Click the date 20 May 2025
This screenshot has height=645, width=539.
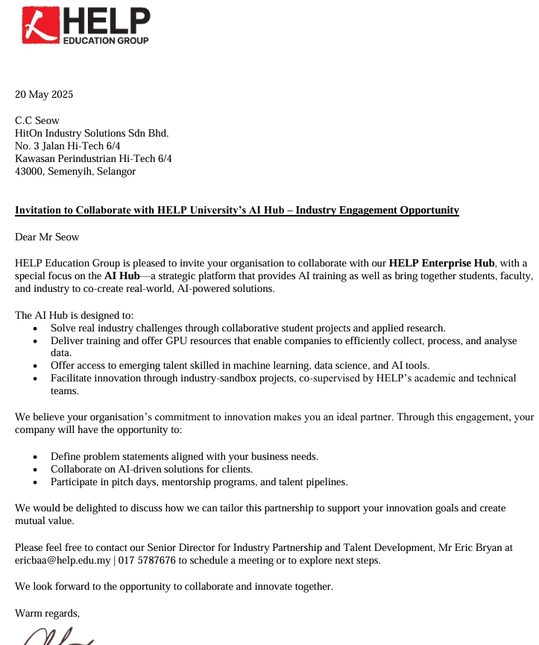pos(44,95)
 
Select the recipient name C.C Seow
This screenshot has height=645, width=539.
pos(37,120)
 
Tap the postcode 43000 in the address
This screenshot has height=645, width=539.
pos(29,171)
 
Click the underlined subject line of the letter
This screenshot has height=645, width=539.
pos(237,211)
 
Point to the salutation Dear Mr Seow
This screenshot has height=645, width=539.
pos(47,237)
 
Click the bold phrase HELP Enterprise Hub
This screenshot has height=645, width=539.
pos(441,263)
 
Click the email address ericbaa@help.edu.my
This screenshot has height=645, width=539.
pos(63,560)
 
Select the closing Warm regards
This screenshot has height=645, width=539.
pos(47,613)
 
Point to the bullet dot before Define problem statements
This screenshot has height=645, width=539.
pos(36,457)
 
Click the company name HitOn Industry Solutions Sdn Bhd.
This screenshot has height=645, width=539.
pos(92,133)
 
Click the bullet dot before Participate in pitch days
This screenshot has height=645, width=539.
pos(36,482)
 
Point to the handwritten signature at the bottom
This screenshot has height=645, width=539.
pos(56,636)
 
